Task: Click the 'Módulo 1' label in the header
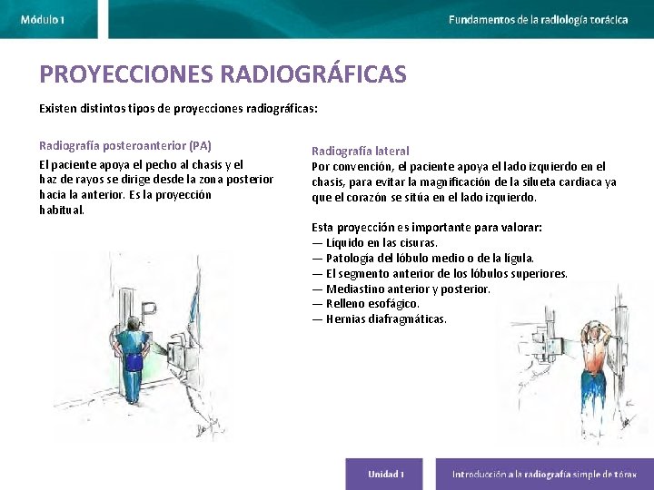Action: (x=42, y=19)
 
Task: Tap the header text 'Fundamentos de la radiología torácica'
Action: (x=538, y=19)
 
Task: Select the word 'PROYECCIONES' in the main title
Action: (x=127, y=74)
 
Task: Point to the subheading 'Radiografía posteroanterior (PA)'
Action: (x=125, y=145)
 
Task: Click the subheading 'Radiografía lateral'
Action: (x=361, y=151)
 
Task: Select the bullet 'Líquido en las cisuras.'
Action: (x=374, y=242)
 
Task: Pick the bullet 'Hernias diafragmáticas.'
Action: (x=379, y=319)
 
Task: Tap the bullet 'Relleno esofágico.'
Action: (x=365, y=304)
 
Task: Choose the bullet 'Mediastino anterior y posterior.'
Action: (x=401, y=289)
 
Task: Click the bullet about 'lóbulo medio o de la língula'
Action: (x=422, y=258)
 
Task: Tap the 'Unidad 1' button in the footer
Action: (x=385, y=474)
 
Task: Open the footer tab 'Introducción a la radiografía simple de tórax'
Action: (x=544, y=474)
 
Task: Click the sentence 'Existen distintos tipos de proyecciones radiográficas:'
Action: (x=178, y=108)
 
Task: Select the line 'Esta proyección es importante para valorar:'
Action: (x=426, y=227)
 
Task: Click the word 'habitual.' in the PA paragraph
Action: (x=62, y=210)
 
